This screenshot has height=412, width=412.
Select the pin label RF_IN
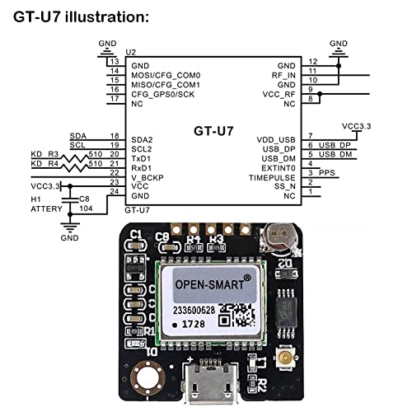pos(285,74)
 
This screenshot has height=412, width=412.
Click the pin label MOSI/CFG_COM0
pos(166,74)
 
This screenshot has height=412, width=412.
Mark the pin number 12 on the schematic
pos(312,62)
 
